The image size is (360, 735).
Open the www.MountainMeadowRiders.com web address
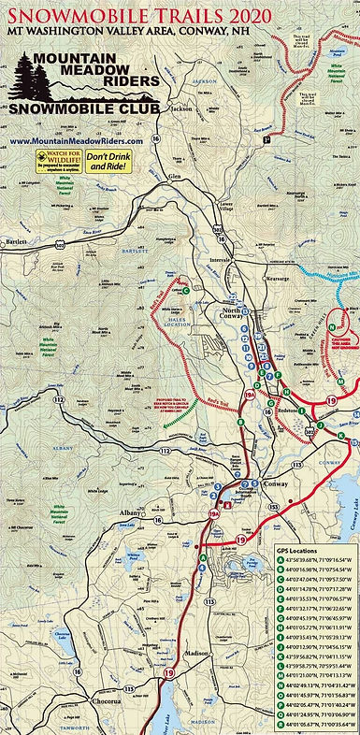coord(76,140)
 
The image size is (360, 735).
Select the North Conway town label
coord(236,314)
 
